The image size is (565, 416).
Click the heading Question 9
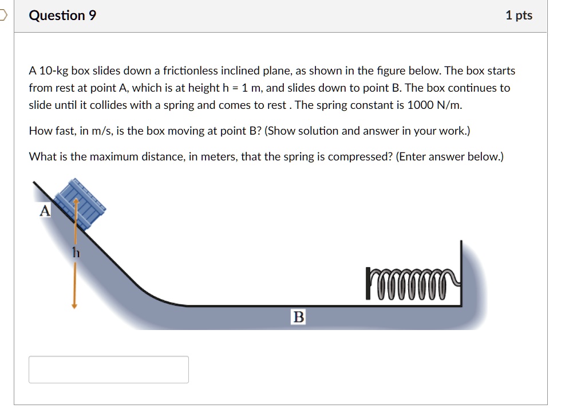(x=62, y=15)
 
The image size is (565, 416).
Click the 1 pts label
(x=519, y=15)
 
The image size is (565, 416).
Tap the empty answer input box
(x=109, y=370)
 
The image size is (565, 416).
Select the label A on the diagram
(x=45, y=211)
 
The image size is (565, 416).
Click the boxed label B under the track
(x=298, y=317)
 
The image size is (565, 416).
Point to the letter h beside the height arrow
(x=74, y=252)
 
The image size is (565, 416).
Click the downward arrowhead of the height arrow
(x=74, y=305)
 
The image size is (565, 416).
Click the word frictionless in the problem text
(x=191, y=71)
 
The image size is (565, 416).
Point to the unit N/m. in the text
(x=449, y=105)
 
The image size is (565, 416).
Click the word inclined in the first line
(x=240, y=71)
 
